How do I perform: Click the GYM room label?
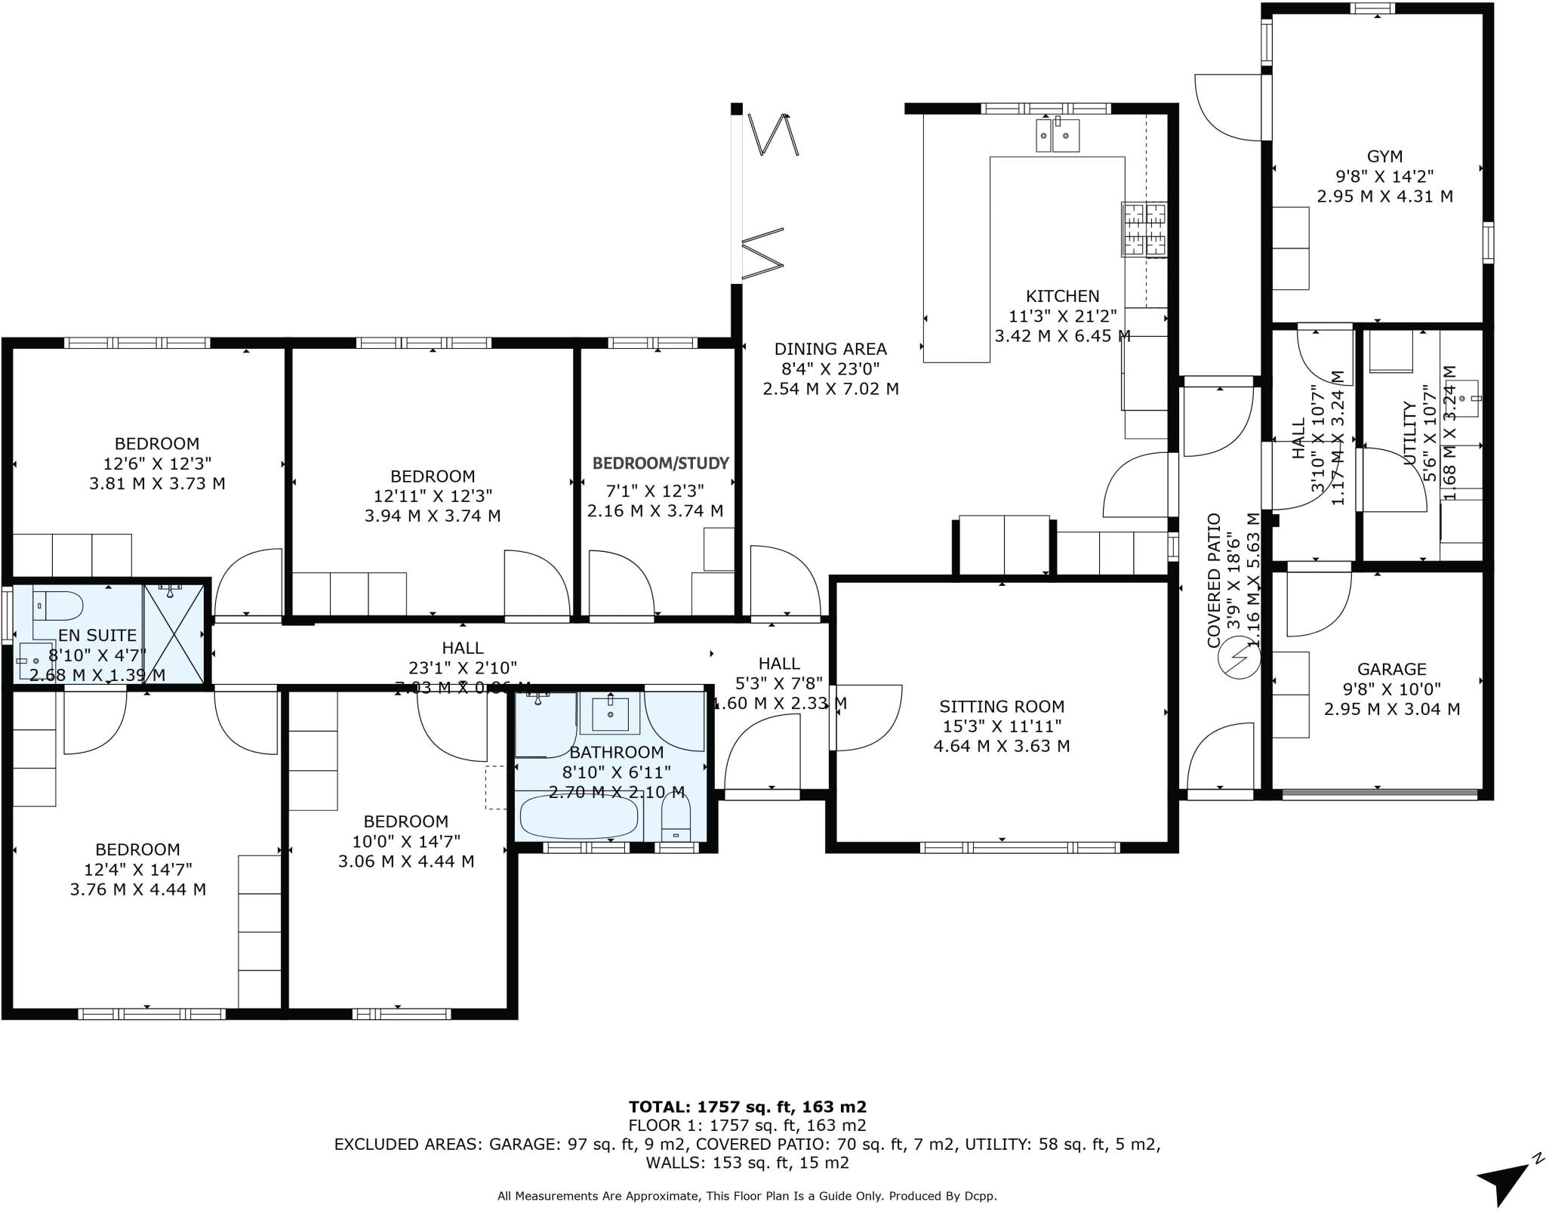(1384, 156)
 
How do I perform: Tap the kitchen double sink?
(1057, 135)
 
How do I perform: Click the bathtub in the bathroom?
(579, 817)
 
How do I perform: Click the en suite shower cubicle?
(174, 633)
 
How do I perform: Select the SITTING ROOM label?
(1002, 707)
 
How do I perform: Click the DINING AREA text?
(830, 349)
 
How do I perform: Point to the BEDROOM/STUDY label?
(661, 463)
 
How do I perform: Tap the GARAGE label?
(1392, 669)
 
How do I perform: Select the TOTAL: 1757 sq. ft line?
(747, 1107)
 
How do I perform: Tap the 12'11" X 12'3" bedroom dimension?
(433, 496)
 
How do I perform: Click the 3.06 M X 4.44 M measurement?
(406, 861)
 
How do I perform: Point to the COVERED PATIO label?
(1215, 581)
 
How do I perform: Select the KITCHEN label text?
(1062, 296)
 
